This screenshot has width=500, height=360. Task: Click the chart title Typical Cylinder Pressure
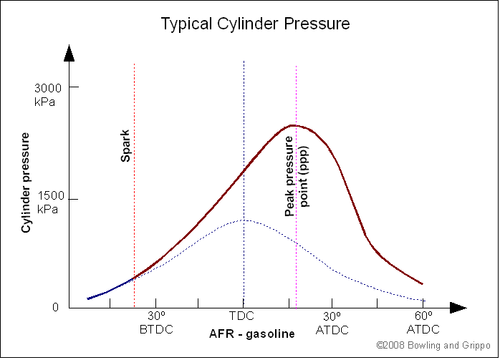pos(255,24)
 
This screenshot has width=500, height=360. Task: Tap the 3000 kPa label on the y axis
pos(47,94)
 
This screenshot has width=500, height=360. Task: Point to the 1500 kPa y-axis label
pos(47,203)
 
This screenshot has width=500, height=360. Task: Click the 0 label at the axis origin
pos(55,308)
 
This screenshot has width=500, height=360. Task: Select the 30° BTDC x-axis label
pos(156,323)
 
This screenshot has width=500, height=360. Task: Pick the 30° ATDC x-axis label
pos(332,323)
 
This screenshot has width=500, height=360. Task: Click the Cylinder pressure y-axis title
pos(27,182)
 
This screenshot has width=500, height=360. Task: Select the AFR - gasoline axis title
pos(251,334)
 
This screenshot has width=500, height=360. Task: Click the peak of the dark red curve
pos(293,125)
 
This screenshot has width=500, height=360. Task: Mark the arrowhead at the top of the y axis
pos(69,52)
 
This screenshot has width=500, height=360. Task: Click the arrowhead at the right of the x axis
pos(458,308)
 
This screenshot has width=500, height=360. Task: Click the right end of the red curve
pos(422,284)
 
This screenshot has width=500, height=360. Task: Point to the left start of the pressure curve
pos(88,298)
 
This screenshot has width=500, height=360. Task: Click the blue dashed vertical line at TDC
pos(244,143)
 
